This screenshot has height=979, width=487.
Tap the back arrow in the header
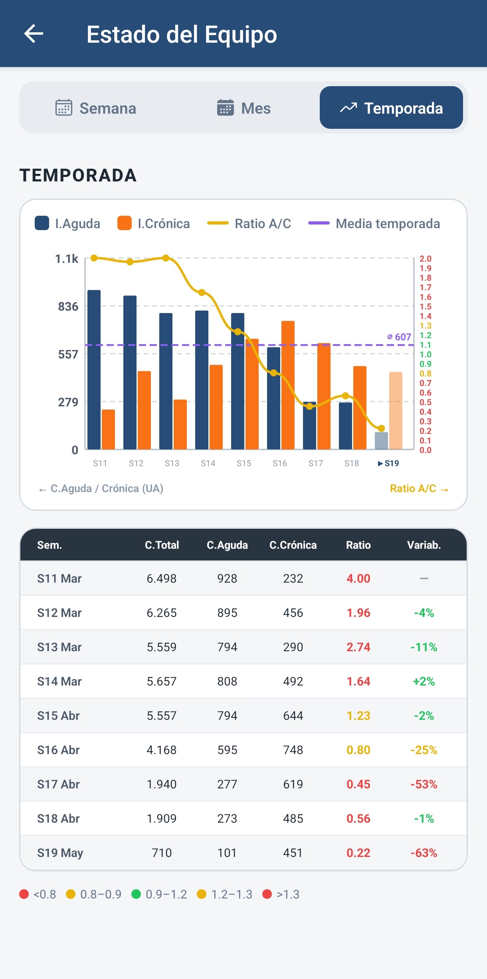coord(34,33)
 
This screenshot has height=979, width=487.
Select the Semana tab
coord(96,108)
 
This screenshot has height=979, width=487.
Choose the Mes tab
coord(243,108)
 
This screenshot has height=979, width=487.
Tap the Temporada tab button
coord(391,108)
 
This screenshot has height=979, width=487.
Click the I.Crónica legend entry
coord(154,223)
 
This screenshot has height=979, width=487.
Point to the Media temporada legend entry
coord(374,223)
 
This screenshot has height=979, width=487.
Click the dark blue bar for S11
coord(94,370)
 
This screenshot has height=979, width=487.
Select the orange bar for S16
coord(288,385)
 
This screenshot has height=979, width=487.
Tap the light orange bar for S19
coord(396,411)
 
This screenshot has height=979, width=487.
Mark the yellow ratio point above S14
coord(202,292)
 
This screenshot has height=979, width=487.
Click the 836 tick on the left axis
coord(68,307)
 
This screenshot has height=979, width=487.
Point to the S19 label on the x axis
coord(388,463)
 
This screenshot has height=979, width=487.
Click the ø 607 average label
coord(399,337)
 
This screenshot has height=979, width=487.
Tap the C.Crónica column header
coord(293,545)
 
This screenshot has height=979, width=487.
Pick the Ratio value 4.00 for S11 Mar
coord(358,579)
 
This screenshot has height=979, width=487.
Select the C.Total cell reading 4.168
coord(162,750)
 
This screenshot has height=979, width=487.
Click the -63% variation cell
coord(424,853)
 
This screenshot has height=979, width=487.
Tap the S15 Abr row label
coord(59,716)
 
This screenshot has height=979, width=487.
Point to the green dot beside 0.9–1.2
coord(136,894)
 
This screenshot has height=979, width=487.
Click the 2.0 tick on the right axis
coord(426,259)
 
